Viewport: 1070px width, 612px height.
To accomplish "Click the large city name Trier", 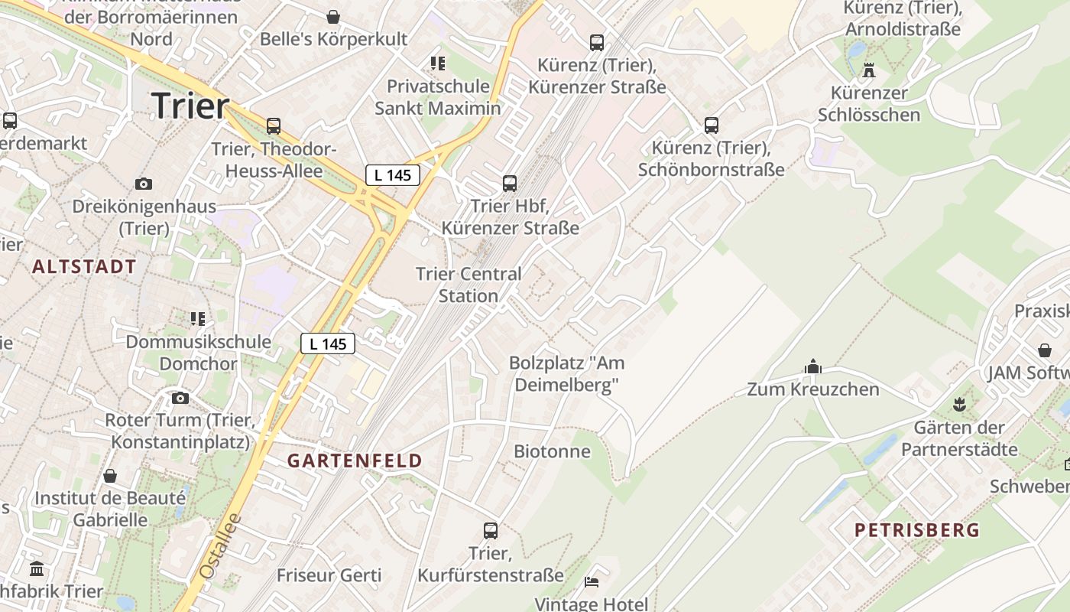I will point(190,106).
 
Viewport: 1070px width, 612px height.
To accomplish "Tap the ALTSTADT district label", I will point(85,267).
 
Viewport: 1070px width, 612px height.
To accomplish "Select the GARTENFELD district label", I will point(355,461).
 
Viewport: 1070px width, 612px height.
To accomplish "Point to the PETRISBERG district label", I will point(916,529).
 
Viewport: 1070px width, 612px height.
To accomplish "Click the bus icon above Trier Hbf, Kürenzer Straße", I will point(510,184).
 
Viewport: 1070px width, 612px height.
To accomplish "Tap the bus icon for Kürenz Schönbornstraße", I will point(712,125).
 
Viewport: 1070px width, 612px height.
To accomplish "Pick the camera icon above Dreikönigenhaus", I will point(143,184).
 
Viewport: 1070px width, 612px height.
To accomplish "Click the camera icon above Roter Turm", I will point(180,398).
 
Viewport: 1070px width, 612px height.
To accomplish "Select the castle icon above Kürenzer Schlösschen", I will point(869,71).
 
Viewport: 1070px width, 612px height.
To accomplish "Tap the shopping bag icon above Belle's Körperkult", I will point(333,16).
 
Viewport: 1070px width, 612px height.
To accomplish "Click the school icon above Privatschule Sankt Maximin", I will point(437,63).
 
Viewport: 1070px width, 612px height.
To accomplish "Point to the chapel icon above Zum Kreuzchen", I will point(813,367).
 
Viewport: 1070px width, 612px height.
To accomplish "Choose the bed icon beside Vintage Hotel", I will point(592,582).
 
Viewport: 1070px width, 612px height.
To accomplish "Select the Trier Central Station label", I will point(469,285).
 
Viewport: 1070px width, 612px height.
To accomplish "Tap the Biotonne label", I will point(552,451).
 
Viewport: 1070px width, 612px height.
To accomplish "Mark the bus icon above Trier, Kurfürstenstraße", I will point(491,530).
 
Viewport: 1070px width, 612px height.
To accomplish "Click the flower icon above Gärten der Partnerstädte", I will point(959,403).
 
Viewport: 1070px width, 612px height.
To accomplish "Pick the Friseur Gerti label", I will point(329,575).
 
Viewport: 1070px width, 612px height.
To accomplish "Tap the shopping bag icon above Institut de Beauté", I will point(110,476).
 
